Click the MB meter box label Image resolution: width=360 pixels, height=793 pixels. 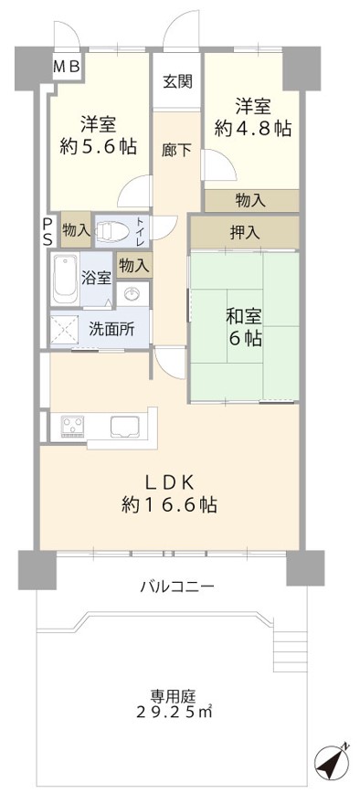(69, 67)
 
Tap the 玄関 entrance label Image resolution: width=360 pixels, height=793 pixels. (176, 81)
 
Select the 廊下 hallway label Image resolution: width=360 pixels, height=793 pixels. (176, 150)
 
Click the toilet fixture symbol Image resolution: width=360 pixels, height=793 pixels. (112, 231)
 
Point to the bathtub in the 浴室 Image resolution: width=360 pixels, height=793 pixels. (64, 280)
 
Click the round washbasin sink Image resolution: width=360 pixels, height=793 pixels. (133, 294)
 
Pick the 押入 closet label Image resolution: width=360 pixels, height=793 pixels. (245, 233)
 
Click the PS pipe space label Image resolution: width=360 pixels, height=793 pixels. (47, 233)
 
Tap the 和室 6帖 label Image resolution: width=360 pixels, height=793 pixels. (244, 328)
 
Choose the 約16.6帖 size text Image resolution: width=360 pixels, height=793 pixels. (169, 504)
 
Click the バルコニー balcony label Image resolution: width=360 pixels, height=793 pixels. (177, 587)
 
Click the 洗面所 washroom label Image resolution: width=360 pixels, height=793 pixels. (112, 329)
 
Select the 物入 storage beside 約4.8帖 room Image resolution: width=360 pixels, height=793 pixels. (250, 201)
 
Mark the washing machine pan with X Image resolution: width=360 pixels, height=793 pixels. (64, 329)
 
